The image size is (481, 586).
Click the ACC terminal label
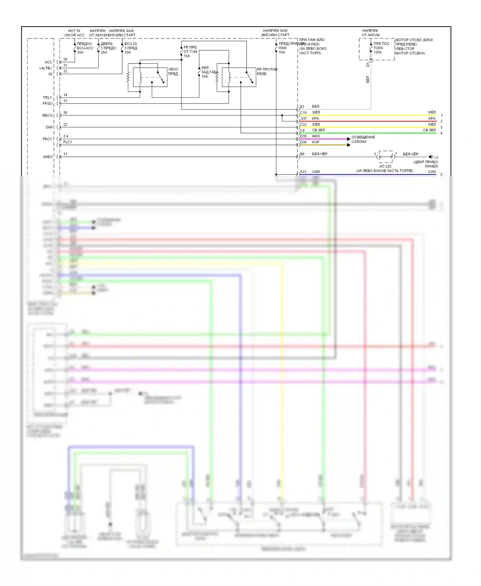48,62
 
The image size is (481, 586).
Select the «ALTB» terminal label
46,68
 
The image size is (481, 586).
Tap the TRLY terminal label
47,97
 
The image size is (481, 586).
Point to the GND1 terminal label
48,157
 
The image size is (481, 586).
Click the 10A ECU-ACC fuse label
85,48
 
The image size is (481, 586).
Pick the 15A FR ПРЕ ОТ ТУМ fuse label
190,52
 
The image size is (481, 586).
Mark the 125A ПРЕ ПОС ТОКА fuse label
381,48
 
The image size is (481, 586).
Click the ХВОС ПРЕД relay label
173,71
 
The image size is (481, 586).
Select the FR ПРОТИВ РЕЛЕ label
267,71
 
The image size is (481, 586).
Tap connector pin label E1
302,107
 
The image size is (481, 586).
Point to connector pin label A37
303,119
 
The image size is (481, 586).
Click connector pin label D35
303,136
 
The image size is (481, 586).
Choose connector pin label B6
302,154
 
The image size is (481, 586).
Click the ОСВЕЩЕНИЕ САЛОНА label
363,139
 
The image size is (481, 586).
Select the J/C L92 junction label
385,166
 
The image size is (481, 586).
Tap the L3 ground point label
436,157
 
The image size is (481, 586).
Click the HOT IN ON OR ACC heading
74,33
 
